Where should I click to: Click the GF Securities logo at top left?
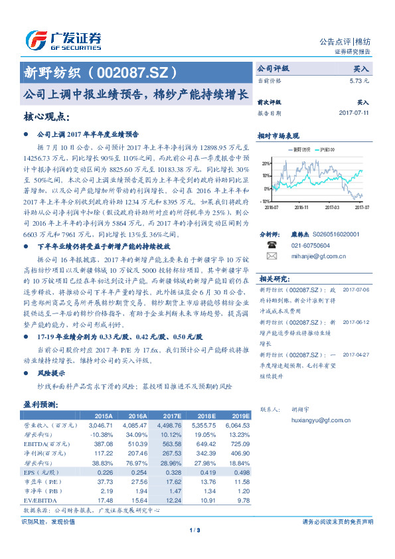click(62, 40)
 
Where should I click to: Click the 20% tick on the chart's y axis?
click(266, 163)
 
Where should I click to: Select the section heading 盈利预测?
click(41, 404)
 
